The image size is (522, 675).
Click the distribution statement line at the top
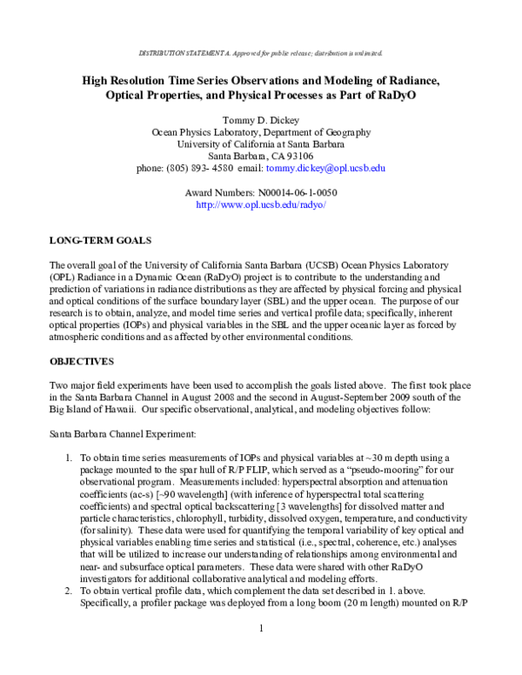click(261, 53)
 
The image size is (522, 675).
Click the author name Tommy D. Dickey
click(261, 119)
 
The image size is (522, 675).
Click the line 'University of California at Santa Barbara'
click(261, 144)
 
